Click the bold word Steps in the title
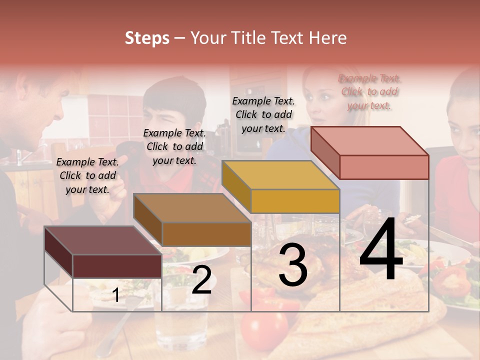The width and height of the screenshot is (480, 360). point(147,38)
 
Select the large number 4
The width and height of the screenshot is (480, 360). point(381,250)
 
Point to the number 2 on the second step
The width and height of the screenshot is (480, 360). point(201,280)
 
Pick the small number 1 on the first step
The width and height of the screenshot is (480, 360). point(116,295)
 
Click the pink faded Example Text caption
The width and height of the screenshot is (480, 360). point(369,91)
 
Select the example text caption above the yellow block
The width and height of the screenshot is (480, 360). point(263,114)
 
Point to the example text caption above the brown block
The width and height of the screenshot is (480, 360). point(174,146)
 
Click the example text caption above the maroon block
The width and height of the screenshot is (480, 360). point(87,175)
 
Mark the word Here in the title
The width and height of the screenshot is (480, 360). point(327,38)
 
